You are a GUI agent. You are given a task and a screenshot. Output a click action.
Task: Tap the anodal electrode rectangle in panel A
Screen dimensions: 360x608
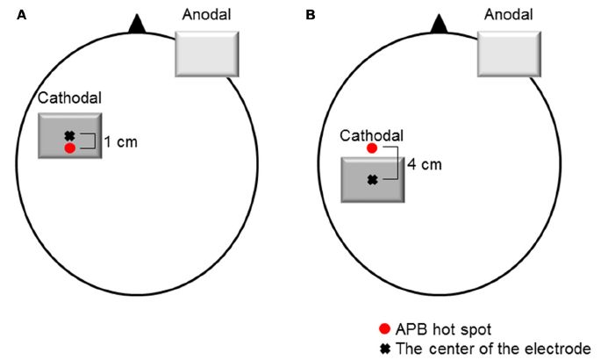pyautogui.click(x=206, y=54)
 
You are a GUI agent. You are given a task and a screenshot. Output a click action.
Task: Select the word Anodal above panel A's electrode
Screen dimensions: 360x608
pyautogui.click(x=206, y=16)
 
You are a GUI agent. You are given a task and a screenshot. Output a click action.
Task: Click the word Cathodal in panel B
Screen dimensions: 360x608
pyautogui.click(x=371, y=135)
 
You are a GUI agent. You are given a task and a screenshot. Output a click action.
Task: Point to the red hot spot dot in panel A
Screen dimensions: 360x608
pyautogui.click(x=69, y=148)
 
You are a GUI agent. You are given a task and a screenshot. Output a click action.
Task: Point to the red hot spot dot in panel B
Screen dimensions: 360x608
pyautogui.click(x=372, y=149)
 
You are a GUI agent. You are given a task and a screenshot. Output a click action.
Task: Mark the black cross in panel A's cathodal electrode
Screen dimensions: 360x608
pyautogui.click(x=69, y=136)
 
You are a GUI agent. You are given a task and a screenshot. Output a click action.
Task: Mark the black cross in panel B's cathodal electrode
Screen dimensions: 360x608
pyautogui.click(x=372, y=180)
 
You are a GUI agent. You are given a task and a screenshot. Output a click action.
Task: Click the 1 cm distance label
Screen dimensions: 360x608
pyautogui.click(x=119, y=141)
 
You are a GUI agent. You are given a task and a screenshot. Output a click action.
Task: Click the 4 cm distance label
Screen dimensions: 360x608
pyautogui.click(x=425, y=163)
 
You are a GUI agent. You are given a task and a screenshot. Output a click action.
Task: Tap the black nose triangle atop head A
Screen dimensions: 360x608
pyautogui.click(x=135, y=24)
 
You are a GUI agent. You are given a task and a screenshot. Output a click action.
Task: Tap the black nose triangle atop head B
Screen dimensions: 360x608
pyautogui.click(x=438, y=24)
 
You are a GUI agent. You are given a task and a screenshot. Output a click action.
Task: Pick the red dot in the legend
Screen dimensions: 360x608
pyautogui.click(x=383, y=329)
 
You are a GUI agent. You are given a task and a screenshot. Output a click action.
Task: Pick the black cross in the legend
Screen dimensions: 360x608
pyautogui.click(x=383, y=347)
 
